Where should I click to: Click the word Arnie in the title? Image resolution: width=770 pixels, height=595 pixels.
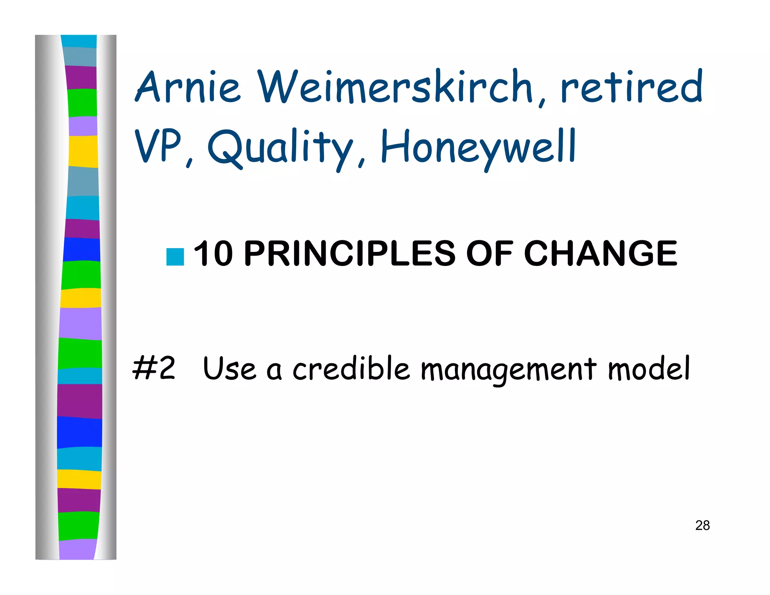[x=188, y=87]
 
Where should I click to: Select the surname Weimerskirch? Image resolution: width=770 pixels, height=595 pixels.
[x=395, y=87]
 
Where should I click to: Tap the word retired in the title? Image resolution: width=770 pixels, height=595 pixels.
[x=631, y=87]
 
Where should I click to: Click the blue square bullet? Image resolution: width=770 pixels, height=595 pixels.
[x=175, y=257]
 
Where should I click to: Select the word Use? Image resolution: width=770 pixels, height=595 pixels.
[x=229, y=369]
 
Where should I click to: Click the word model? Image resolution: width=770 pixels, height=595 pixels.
[x=649, y=369]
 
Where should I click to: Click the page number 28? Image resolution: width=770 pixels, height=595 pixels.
[x=702, y=525]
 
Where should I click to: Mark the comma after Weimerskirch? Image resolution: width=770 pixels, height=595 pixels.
[x=541, y=100]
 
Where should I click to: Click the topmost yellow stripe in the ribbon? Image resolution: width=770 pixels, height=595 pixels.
[x=83, y=151]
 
